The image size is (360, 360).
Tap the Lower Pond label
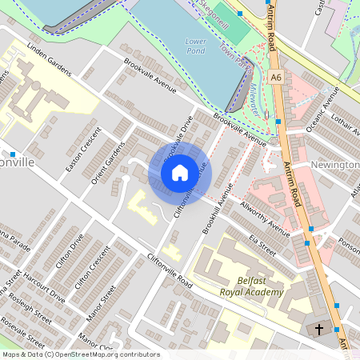195,45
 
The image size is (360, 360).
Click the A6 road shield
276,78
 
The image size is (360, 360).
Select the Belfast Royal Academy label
250,286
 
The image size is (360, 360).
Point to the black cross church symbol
319,329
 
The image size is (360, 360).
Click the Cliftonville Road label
170,272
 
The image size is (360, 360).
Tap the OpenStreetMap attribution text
80,354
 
